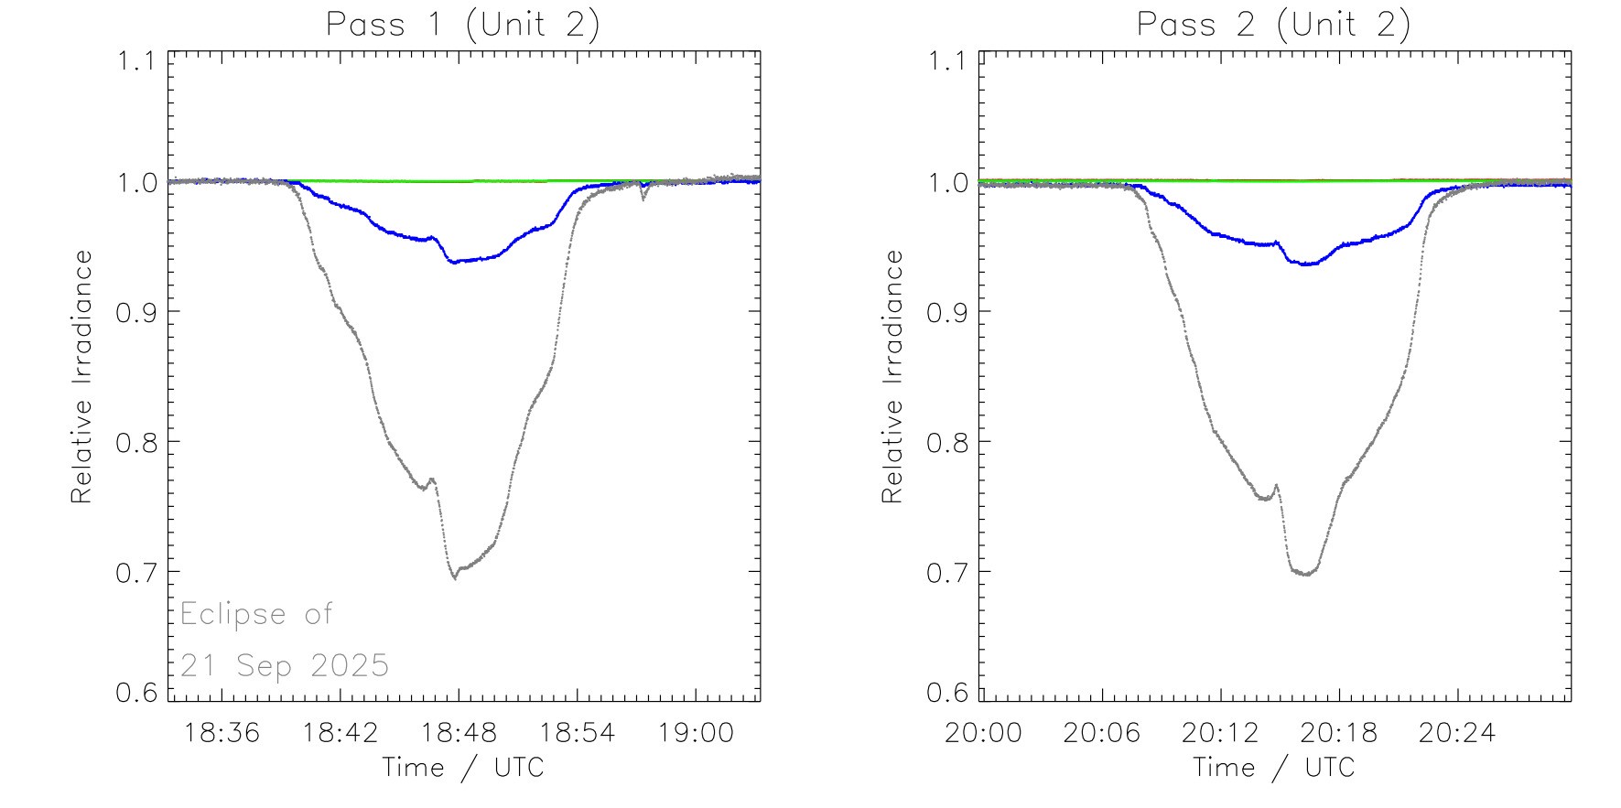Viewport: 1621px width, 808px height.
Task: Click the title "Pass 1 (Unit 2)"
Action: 463,25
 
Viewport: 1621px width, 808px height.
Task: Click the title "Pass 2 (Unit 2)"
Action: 1273,25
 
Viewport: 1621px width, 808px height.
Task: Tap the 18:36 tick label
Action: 222,733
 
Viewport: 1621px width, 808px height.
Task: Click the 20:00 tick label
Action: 983,733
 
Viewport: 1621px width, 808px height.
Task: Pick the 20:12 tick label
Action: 1220,733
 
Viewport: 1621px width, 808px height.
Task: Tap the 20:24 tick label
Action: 1457,733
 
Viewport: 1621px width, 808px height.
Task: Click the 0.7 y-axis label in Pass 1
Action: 136,572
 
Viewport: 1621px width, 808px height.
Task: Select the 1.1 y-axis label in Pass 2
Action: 947,61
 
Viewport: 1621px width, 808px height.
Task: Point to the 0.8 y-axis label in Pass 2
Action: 947,442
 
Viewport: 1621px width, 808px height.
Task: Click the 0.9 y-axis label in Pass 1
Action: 136,312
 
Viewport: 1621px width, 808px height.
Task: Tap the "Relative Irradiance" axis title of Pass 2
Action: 892,376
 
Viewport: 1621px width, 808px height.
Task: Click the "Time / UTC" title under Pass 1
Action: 463,767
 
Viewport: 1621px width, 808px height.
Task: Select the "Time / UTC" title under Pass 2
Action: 1273,767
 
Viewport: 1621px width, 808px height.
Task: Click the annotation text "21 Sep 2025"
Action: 285,665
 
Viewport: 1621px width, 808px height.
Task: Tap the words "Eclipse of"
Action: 256,613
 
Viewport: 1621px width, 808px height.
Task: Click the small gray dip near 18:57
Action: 643,196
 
